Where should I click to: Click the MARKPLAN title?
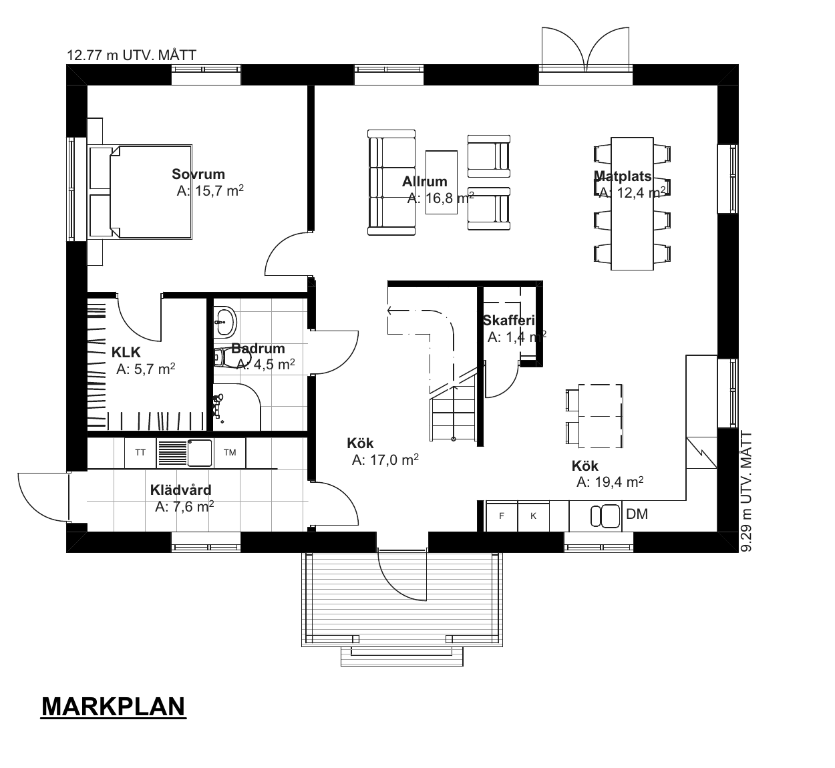coord(113,707)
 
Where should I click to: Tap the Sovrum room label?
coord(198,174)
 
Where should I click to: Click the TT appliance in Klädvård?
coord(140,453)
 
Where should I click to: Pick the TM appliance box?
coord(230,453)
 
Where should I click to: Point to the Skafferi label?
coord(508,320)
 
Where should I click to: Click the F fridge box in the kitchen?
coord(502,516)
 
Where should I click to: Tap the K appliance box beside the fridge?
coord(533,516)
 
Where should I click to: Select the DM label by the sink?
coord(637,514)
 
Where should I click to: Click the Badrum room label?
coord(258,349)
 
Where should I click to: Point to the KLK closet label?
coord(126,353)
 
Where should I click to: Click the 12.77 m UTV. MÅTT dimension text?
coord(132,55)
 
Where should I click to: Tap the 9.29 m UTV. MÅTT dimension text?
coord(747,492)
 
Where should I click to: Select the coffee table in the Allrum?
coord(442,182)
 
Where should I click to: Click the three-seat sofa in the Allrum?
coord(391,182)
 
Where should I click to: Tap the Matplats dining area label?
coord(623,176)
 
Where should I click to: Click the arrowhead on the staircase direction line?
coord(389,310)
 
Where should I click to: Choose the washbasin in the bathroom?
coord(225,321)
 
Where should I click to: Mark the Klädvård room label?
coord(180,490)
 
